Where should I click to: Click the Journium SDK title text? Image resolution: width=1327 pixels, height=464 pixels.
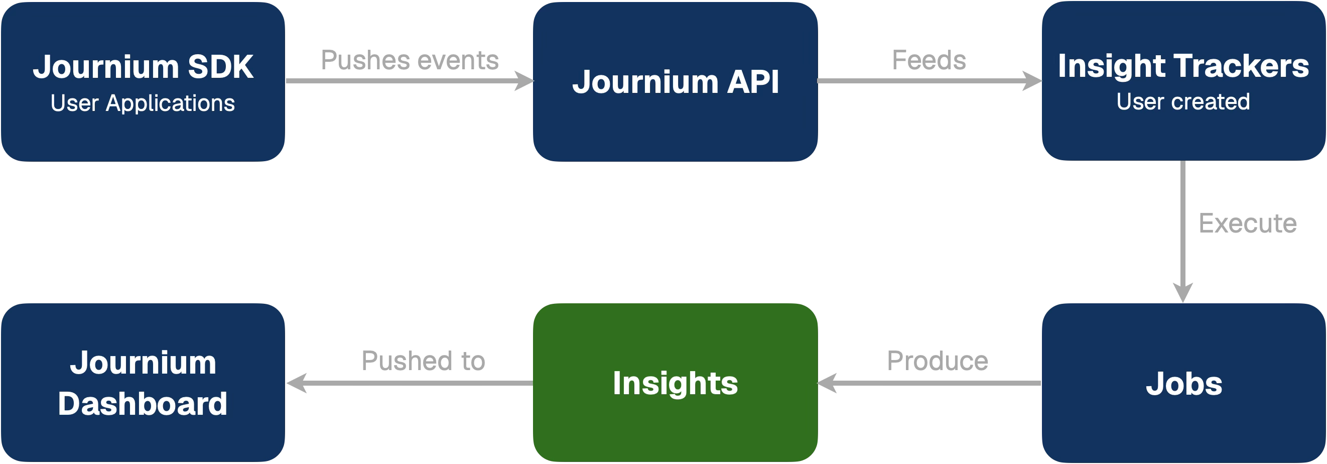tap(143, 67)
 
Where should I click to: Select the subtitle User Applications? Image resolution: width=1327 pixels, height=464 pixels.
tap(143, 103)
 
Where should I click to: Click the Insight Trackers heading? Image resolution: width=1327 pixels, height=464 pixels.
tap(1183, 66)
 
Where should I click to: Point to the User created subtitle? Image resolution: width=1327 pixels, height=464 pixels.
tap(1183, 101)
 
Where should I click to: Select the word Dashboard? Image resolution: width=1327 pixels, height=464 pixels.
tap(143, 404)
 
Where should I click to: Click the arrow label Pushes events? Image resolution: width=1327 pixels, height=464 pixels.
tap(410, 60)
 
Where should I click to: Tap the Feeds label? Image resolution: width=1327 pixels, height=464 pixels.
tap(929, 60)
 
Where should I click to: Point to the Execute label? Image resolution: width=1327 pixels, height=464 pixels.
tap(1247, 223)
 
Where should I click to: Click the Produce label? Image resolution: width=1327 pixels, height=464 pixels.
tap(938, 361)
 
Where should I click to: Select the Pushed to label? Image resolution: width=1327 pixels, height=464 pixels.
tap(423, 361)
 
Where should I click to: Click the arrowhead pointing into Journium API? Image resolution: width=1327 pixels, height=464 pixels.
tap(524, 81)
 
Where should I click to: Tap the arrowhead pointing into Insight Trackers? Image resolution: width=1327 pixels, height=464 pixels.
tap(1032, 81)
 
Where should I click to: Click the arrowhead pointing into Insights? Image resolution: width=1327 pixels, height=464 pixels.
tap(827, 383)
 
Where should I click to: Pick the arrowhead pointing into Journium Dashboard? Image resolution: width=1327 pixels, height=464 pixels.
tap(296, 383)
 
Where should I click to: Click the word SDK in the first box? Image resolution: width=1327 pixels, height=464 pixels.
tap(220, 67)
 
